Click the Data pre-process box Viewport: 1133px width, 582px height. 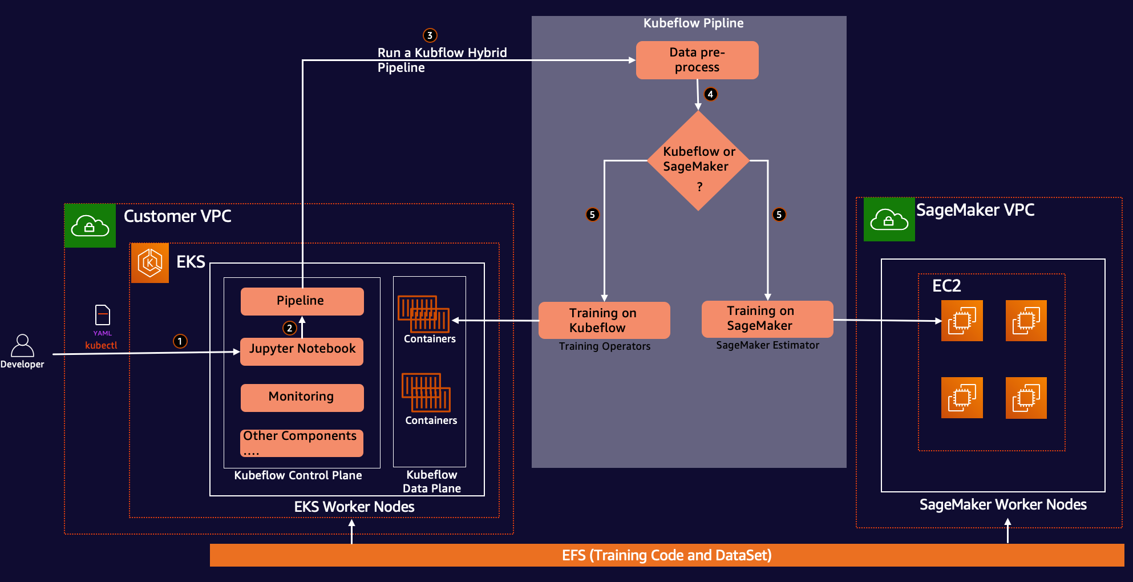[x=697, y=60]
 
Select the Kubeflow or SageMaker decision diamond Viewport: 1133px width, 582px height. [x=698, y=160]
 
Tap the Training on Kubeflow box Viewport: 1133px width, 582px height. [x=604, y=320]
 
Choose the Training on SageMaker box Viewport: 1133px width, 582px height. [x=767, y=319]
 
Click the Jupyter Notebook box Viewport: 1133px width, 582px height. [x=302, y=351]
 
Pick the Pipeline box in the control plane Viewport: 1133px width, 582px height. [x=302, y=301]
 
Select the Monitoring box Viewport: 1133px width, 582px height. [x=302, y=398]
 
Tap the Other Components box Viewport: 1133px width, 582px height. [x=302, y=443]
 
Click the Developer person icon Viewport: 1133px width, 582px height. [x=22, y=346]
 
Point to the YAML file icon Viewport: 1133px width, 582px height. [x=103, y=315]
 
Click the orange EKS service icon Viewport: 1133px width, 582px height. [x=150, y=263]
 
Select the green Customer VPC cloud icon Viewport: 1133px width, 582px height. [x=90, y=226]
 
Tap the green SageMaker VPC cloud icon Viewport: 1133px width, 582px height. [x=889, y=219]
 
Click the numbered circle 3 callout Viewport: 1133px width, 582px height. [x=430, y=35]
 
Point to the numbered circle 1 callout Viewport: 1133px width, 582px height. [x=180, y=341]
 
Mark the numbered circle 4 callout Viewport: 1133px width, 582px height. [x=710, y=94]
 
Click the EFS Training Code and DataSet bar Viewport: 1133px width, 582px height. [x=667, y=555]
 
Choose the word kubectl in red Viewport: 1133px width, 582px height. [x=101, y=345]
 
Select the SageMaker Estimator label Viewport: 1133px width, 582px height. [x=767, y=345]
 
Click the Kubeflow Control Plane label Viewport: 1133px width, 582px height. [x=298, y=475]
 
